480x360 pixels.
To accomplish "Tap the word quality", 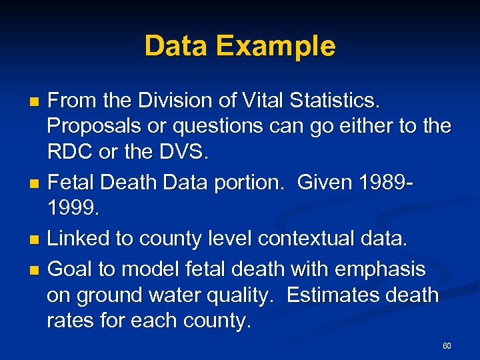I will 244,295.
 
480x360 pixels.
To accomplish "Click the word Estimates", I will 339,295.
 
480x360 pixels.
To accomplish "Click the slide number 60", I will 447,346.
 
